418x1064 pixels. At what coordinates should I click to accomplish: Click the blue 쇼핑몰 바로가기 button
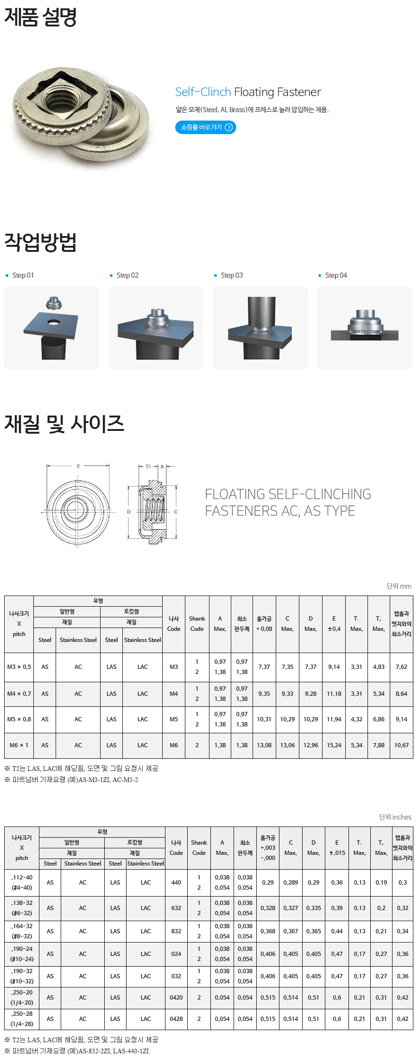[205, 127]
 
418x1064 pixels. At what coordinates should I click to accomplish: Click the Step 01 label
[23, 275]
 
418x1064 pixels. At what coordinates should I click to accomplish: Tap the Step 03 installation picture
[260, 327]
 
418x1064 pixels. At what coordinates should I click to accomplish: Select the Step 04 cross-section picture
[364, 327]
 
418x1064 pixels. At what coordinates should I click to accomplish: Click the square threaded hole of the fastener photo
[63, 94]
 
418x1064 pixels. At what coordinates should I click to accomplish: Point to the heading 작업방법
[40, 242]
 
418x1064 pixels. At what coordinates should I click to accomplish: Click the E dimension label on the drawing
[78, 466]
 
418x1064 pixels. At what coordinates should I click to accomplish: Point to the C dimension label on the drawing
[176, 512]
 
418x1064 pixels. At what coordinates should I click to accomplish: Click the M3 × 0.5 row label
[19, 667]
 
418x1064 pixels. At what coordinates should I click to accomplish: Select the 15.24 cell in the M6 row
[334, 745]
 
